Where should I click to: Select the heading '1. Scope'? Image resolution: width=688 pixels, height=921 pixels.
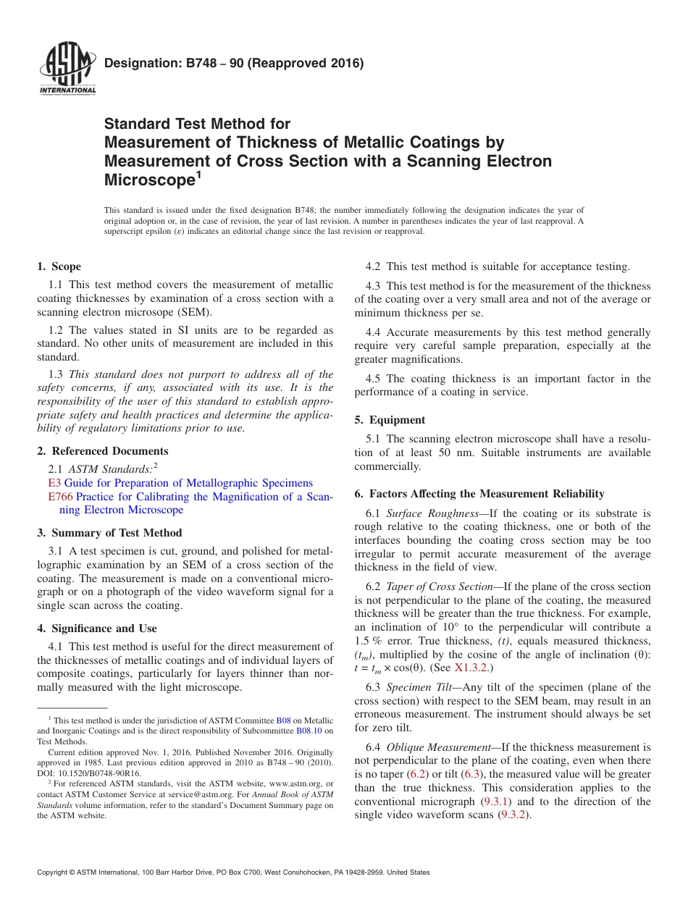click(x=59, y=266)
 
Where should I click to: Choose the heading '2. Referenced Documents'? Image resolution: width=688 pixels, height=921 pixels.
click(x=103, y=451)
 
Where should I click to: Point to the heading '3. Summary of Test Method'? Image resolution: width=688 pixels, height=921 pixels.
click(x=109, y=533)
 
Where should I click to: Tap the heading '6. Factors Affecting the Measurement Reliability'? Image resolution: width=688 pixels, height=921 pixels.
click(x=479, y=494)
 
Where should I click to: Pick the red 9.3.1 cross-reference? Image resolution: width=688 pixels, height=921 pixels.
click(x=496, y=802)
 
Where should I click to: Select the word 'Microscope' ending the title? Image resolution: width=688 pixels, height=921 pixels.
click(x=148, y=179)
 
